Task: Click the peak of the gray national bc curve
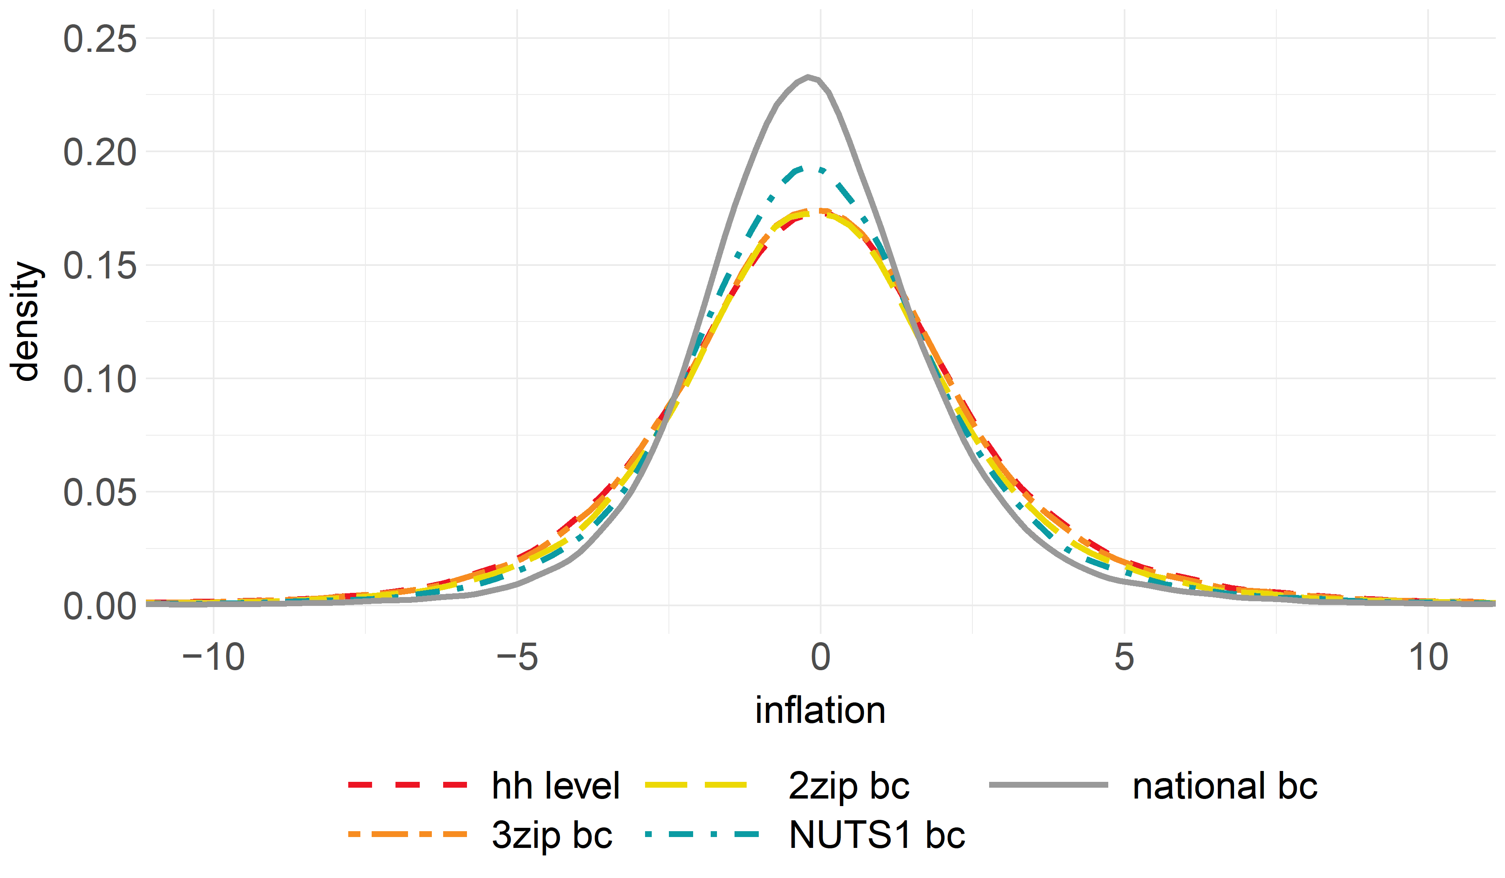808,77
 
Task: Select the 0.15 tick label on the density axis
100,266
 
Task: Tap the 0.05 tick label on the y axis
100,493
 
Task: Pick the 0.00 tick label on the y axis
100,606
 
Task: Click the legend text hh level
556,786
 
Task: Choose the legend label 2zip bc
849,786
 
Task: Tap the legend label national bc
1225,786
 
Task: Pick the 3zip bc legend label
552,835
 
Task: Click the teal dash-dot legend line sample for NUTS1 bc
702,834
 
